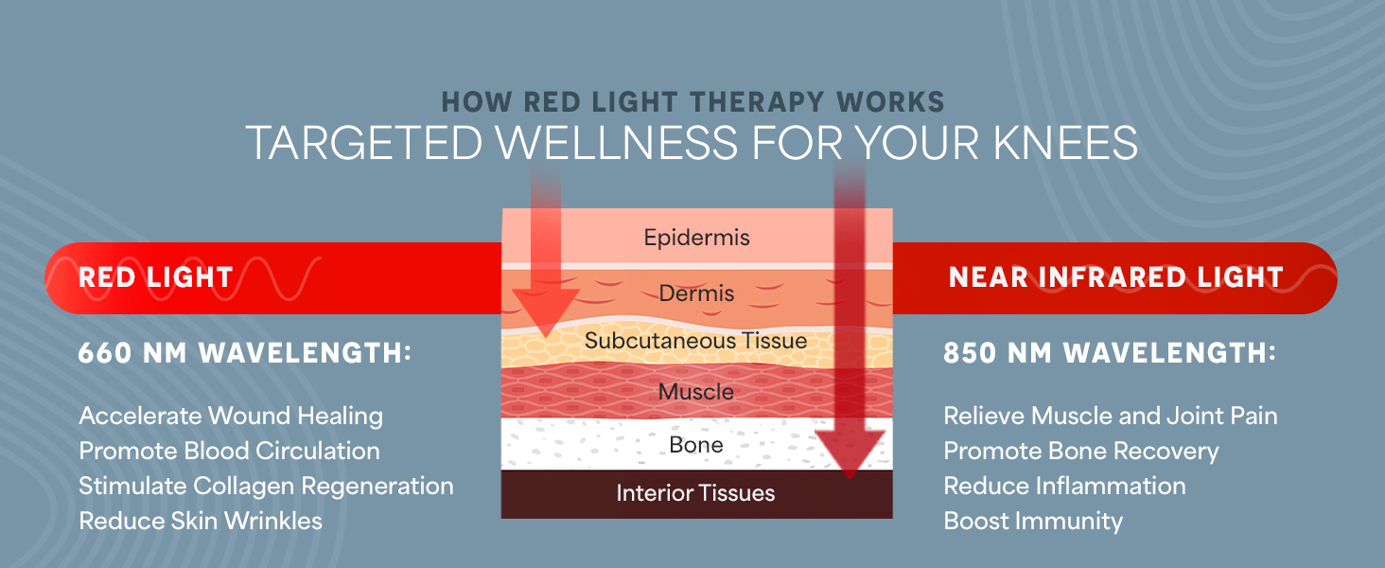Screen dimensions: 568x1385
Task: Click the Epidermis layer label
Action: pyautogui.click(x=696, y=237)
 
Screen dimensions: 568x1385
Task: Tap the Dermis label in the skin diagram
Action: pyautogui.click(x=696, y=293)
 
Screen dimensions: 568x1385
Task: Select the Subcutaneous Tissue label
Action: pyautogui.click(x=696, y=341)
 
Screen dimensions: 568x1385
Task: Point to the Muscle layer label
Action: pyautogui.click(x=696, y=391)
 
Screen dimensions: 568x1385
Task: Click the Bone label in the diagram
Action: pyautogui.click(x=696, y=444)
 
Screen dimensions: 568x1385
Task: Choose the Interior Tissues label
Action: pyautogui.click(x=696, y=493)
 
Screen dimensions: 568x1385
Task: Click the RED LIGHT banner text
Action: pyautogui.click(x=155, y=277)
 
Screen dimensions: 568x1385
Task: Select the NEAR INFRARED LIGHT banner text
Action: pyautogui.click(x=1115, y=277)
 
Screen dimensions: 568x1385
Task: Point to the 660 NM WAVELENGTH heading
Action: pyautogui.click(x=245, y=354)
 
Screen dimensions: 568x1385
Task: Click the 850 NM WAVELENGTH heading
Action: pyautogui.click(x=1110, y=354)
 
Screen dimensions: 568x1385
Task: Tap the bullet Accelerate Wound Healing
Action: pyautogui.click(x=231, y=416)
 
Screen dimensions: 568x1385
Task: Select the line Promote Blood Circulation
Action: pyautogui.click(x=229, y=451)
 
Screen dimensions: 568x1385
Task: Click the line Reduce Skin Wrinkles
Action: pyautogui.click(x=201, y=521)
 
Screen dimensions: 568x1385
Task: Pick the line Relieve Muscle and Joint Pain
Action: pyautogui.click(x=1111, y=416)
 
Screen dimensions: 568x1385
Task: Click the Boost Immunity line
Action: pyautogui.click(x=1033, y=521)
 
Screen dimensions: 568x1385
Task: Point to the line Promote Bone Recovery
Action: pyautogui.click(x=1081, y=451)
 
